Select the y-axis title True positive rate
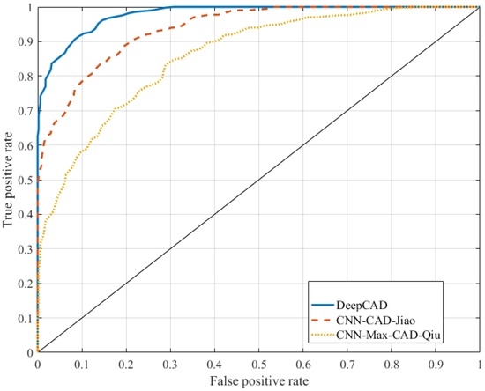[x=8, y=180]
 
